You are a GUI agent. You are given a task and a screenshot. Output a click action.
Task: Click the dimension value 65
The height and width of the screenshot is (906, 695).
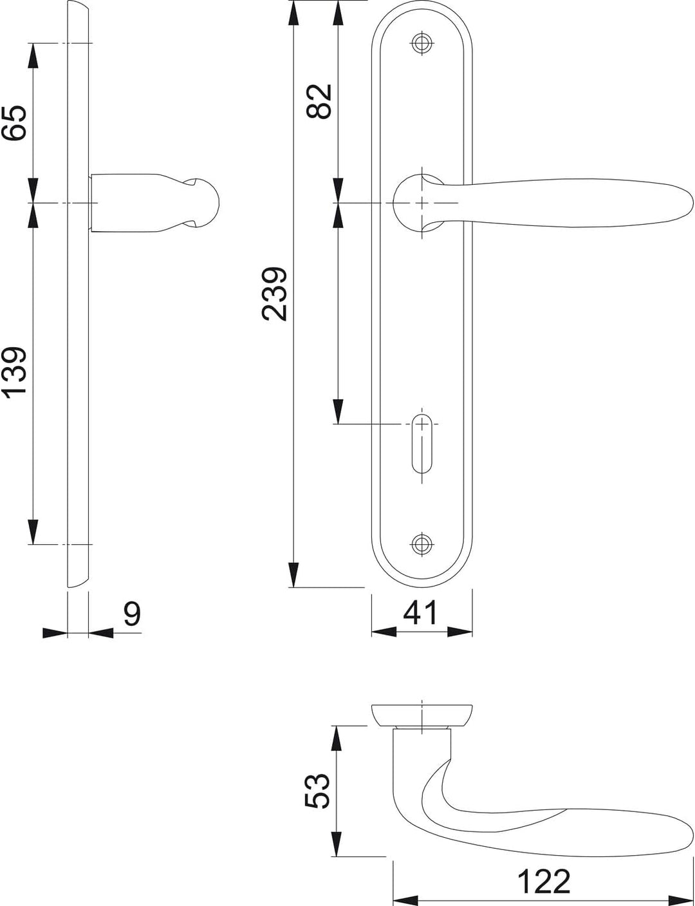coord(15,122)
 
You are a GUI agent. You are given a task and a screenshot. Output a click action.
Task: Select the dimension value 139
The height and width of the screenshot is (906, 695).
coord(15,370)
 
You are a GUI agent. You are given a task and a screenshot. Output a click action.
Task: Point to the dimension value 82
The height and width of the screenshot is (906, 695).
coord(319,101)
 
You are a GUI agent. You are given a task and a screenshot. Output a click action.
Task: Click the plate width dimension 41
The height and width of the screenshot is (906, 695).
coord(420,612)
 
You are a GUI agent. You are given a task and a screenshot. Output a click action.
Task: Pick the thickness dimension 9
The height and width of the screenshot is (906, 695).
coord(133,613)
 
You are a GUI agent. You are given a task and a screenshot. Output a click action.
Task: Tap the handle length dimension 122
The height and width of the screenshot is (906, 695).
coord(543,869)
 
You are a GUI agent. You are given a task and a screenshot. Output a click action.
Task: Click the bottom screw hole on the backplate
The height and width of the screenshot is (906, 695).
coord(422,543)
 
